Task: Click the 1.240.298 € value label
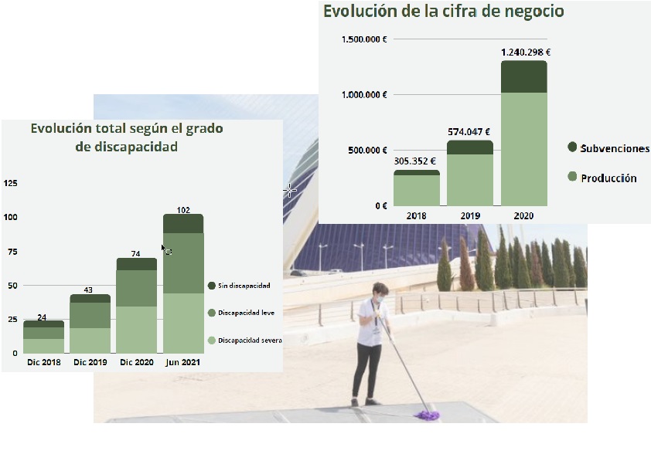[x=525, y=53]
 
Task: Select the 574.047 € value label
[x=470, y=132]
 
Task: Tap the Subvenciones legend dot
[x=572, y=147]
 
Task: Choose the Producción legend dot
[x=572, y=178]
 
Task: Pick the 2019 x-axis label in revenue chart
[x=470, y=216]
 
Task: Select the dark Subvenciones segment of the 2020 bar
[x=524, y=76]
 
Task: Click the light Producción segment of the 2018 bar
[x=416, y=191]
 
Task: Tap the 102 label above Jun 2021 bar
[x=183, y=209]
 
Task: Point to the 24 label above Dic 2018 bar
[x=43, y=317]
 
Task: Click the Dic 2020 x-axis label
[x=136, y=362]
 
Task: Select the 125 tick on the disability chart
[x=11, y=183]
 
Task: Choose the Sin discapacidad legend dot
[x=212, y=286]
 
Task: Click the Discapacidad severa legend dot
[x=212, y=340]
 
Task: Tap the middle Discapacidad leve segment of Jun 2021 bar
[x=183, y=263]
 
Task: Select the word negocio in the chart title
[x=533, y=12]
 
